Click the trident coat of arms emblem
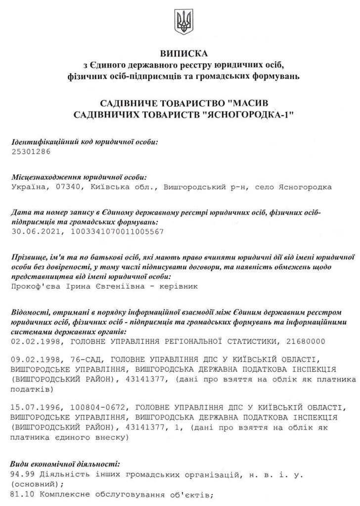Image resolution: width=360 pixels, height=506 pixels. click(184, 21)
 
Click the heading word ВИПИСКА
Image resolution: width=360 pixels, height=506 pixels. click(184, 53)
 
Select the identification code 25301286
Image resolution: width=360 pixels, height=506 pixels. click(31, 151)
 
